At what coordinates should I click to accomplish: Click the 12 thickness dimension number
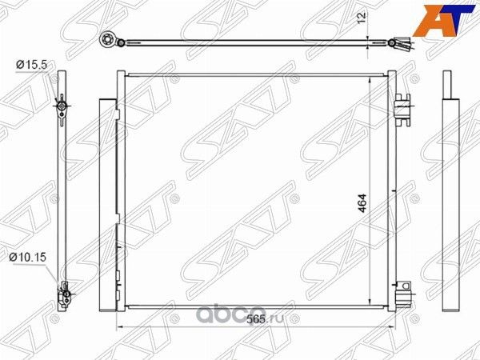tap(362, 18)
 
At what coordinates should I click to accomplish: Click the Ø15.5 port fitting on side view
tap(60, 106)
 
